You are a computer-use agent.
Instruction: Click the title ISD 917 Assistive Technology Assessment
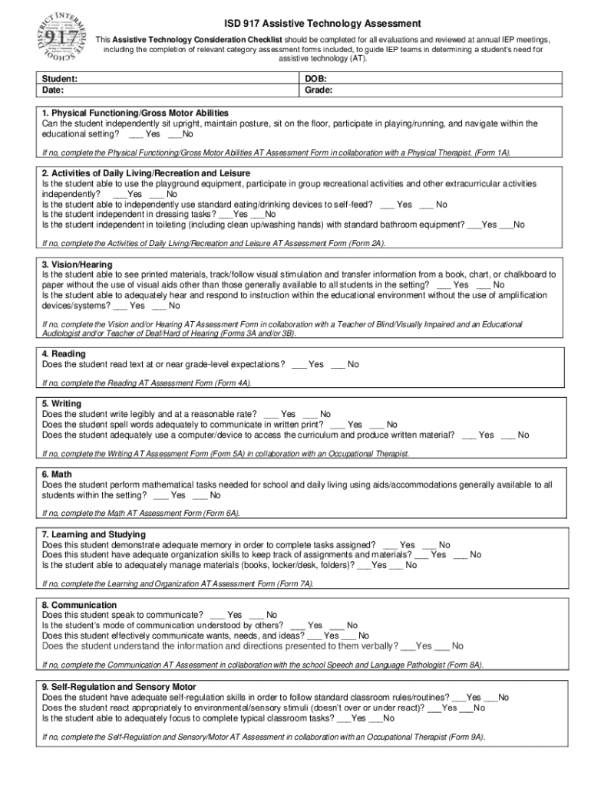point(322,24)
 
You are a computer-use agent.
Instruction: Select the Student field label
point(60,79)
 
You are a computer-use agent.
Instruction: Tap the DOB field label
point(315,79)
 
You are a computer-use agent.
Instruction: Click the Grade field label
point(319,90)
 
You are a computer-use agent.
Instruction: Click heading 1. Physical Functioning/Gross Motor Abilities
point(134,113)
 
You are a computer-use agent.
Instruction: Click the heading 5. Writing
point(61,404)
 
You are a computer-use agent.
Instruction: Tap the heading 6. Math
point(57,475)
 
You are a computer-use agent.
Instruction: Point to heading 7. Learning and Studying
point(94,534)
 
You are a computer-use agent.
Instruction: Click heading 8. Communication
point(80,605)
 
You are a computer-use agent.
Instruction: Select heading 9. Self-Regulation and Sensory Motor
point(119,687)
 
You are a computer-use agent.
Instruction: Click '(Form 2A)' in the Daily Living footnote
point(367,243)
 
